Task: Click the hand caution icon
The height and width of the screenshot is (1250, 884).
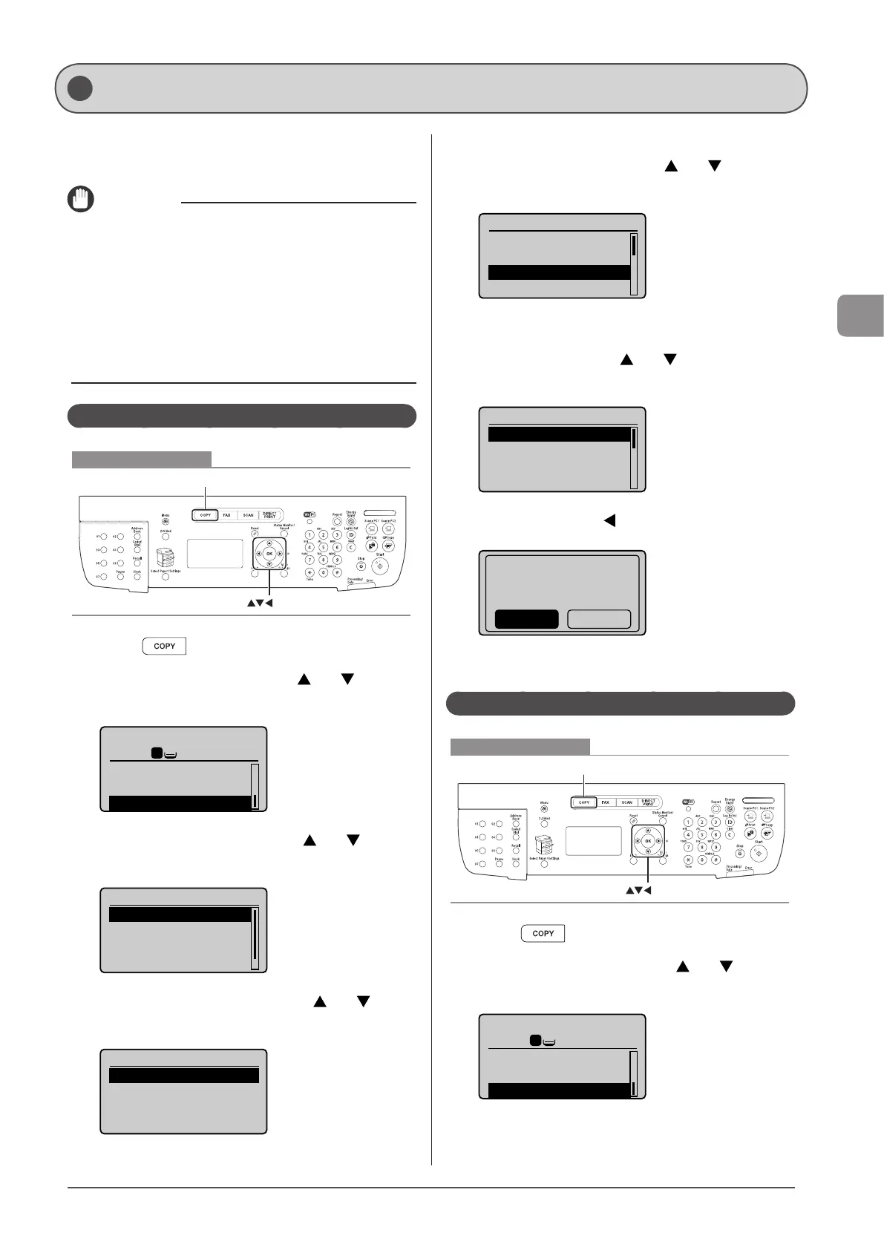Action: pyautogui.click(x=81, y=199)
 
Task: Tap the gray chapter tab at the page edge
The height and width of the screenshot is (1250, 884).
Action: pyautogui.click(x=861, y=315)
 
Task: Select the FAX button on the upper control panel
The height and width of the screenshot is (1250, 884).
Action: pyautogui.click(x=227, y=515)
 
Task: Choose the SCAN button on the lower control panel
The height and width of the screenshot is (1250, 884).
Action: pyautogui.click(x=627, y=802)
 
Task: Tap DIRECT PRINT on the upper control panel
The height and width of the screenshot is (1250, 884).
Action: pyautogui.click(x=269, y=515)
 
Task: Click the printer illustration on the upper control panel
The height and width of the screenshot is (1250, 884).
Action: pyautogui.click(x=165, y=559)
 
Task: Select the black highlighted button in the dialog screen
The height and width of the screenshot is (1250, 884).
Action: pyautogui.click(x=526, y=619)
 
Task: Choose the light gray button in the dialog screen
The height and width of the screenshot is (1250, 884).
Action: pyautogui.click(x=599, y=619)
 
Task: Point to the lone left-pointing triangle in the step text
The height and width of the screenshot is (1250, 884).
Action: pyautogui.click(x=610, y=520)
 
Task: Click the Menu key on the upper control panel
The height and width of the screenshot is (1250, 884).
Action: pyautogui.click(x=166, y=522)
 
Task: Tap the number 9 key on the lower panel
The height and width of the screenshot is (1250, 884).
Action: pyautogui.click(x=716, y=848)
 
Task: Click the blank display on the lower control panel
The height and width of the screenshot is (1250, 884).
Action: pyautogui.click(x=594, y=841)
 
